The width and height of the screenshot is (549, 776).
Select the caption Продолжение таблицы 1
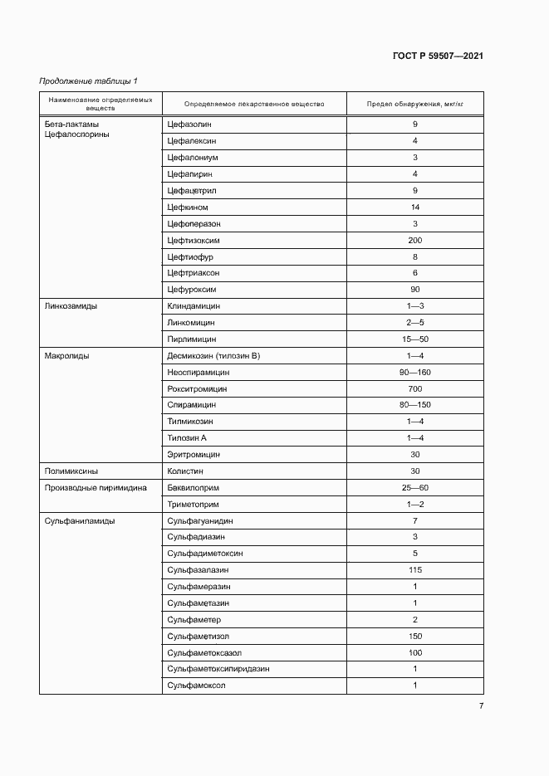pos(88,81)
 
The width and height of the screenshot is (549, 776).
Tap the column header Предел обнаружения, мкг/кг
pos(414,105)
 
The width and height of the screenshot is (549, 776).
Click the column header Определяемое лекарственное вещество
pos(253,105)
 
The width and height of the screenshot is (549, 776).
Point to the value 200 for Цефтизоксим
pos(414,240)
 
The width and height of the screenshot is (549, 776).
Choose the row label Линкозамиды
pos(71,306)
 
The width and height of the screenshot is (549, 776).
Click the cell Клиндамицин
pos(194,306)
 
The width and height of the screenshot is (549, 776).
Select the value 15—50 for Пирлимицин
pos(414,339)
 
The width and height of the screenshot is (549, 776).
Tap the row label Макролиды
pos(66,356)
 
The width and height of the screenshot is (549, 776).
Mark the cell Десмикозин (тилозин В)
pos(213,356)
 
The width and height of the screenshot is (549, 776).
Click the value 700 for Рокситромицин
pos(414,388)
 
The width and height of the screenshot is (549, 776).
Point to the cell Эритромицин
pos(194,455)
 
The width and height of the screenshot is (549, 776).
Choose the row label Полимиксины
pos(71,471)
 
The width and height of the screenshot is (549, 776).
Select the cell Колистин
pos(187,471)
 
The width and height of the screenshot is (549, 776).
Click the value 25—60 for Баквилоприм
pos(414,488)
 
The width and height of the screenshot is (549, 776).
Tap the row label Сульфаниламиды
pos(80,521)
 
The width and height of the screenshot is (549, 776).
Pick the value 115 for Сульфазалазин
pos(414,570)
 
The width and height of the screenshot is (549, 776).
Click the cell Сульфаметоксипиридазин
pos(218,669)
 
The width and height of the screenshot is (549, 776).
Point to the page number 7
pos(481,705)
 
